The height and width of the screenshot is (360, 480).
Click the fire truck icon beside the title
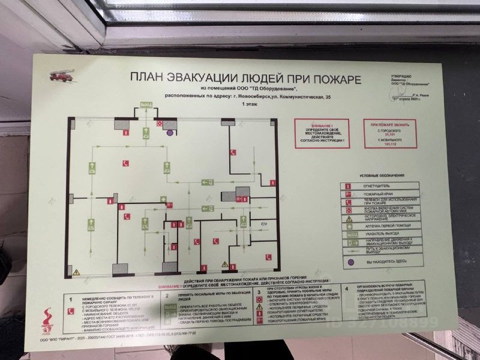63,76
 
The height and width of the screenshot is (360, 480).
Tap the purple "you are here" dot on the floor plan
170,133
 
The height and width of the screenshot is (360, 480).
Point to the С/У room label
263,224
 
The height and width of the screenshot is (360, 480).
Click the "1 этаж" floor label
247,104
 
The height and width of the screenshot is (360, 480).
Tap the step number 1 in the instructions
71,298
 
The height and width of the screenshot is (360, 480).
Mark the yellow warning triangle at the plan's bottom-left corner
77,272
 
